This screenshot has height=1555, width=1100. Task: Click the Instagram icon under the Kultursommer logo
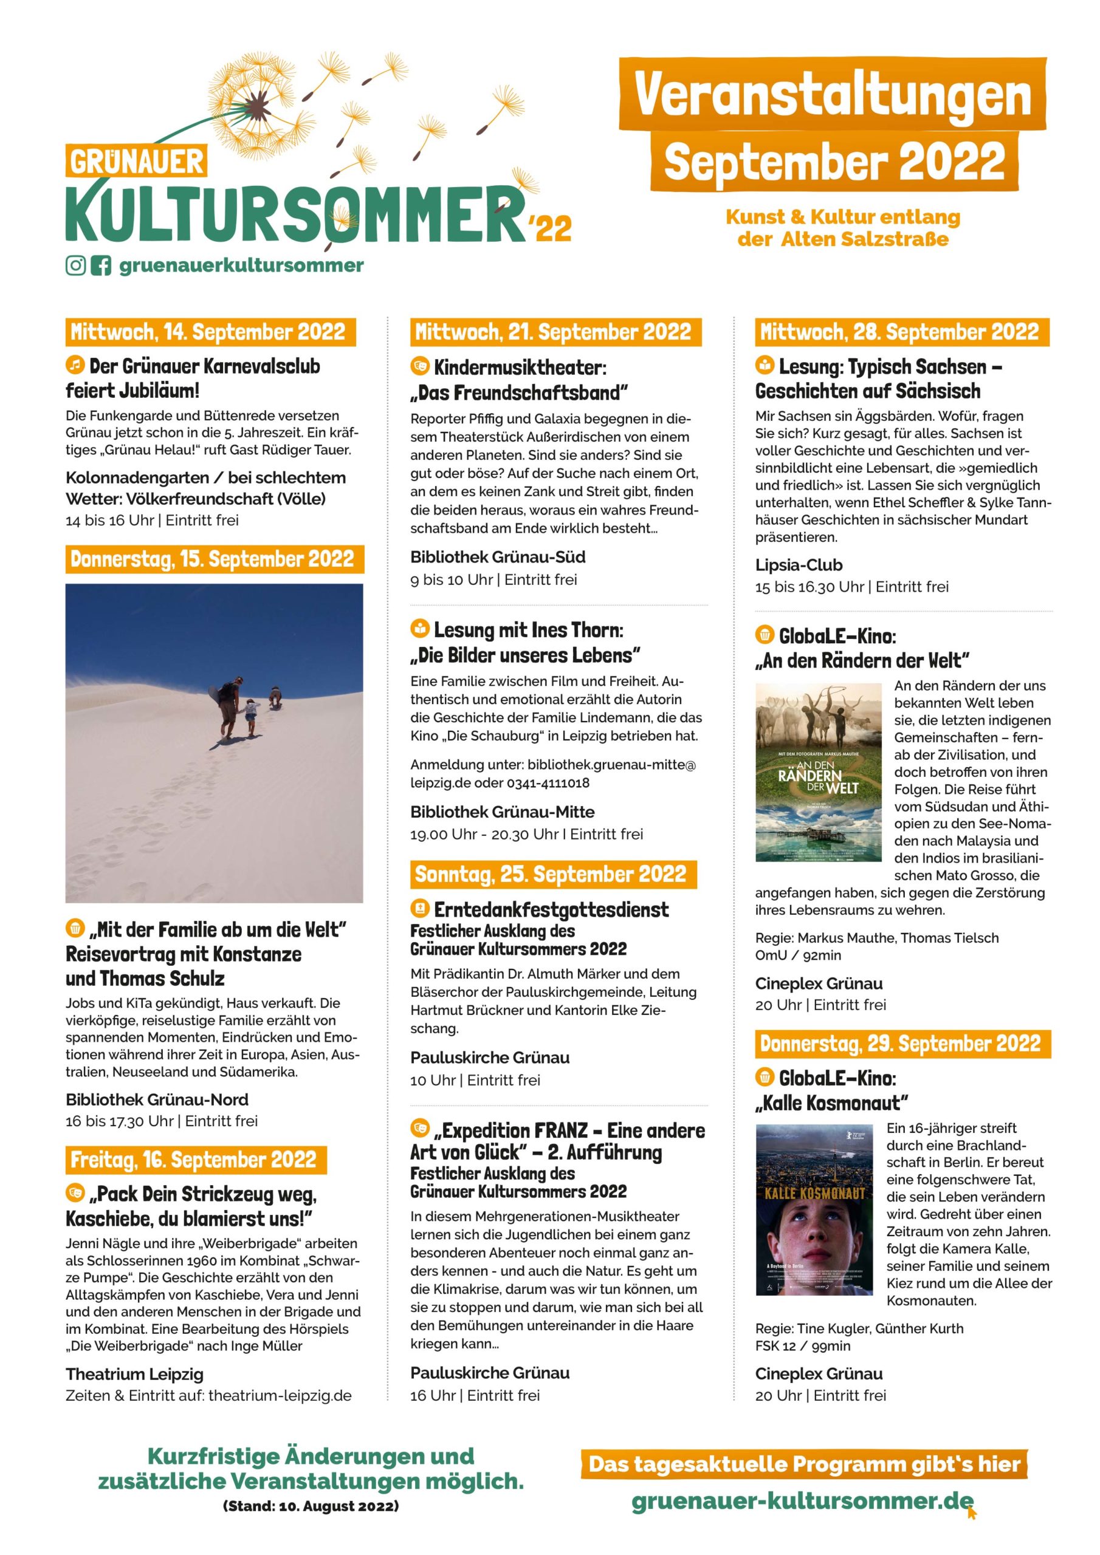[75, 265]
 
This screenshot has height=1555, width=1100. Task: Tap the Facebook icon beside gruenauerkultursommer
[100, 265]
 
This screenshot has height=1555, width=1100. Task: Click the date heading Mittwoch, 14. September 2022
[210, 332]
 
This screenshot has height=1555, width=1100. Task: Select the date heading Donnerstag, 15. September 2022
[214, 559]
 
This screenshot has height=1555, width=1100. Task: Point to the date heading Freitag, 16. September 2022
[195, 1160]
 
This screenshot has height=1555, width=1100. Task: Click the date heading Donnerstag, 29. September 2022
[902, 1043]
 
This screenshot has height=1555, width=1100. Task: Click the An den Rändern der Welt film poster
[818, 772]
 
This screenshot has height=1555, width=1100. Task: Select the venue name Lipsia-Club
[799, 565]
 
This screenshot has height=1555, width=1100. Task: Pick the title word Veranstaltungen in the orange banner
[832, 95]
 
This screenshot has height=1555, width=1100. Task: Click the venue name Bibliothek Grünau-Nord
[157, 1099]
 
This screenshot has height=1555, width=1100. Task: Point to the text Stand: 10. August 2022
[311, 1525]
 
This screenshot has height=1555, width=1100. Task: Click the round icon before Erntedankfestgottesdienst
[419, 907]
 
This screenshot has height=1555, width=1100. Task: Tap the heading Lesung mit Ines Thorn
[528, 630]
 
